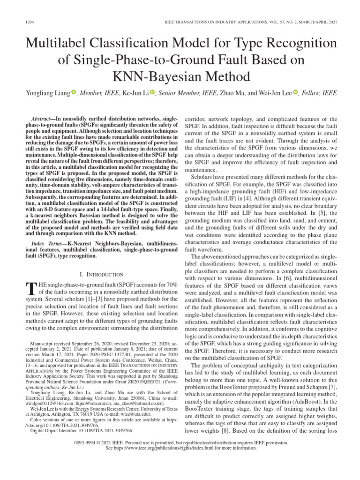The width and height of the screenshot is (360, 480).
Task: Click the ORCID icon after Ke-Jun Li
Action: coord(152,93)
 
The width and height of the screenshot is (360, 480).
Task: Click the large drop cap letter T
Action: coord(33,287)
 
